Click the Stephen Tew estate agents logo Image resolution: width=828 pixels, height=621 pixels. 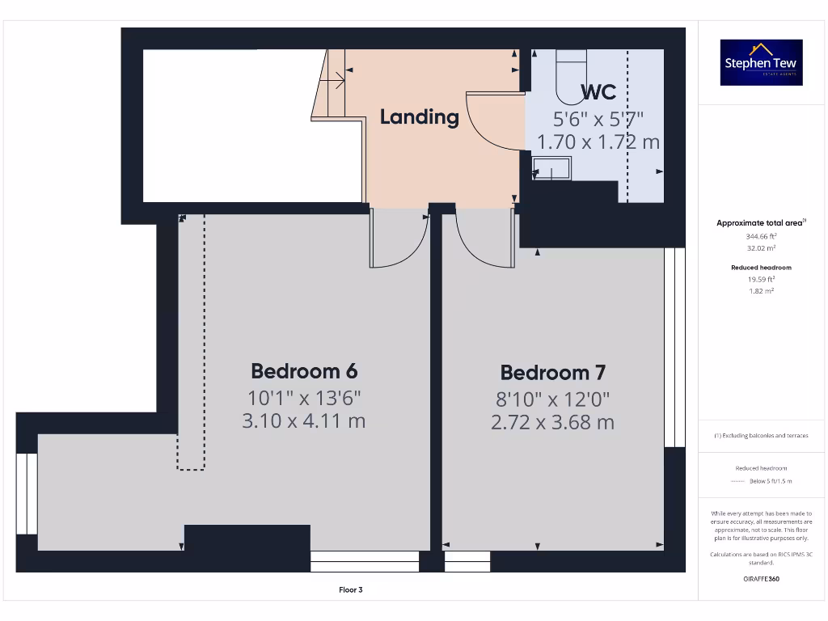pos(761,62)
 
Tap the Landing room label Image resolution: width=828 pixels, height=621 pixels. pos(419,116)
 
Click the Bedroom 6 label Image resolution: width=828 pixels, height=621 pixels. pos(304,371)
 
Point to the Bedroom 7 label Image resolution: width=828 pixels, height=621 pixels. pos(552,373)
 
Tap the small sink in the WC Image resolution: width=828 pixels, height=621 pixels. pos(551,168)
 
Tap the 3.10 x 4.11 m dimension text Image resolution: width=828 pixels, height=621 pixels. pos(304,420)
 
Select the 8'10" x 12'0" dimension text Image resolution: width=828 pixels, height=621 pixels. pos(552,399)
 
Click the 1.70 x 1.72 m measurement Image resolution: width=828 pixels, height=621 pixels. pos(598,142)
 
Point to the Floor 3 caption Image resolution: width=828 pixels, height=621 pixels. pos(350,590)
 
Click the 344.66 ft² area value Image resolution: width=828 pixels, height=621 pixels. pos(761,237)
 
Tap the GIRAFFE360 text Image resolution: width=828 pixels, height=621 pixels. pos(761,579)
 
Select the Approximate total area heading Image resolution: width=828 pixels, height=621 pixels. pos(761,223)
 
